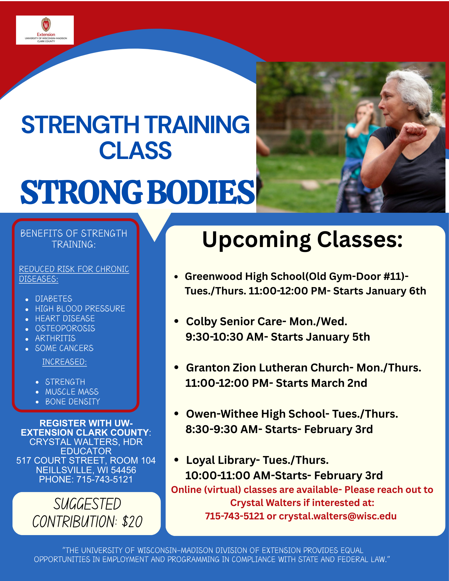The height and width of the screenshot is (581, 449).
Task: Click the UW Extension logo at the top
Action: [x=45, y=30]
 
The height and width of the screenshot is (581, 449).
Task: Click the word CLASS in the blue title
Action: [x=135, y=150]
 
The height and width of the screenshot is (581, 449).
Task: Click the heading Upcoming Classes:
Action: [x=303, y=240]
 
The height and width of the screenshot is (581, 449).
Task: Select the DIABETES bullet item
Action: [x=54, y=299]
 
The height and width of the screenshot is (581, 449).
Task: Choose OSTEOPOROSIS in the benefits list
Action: [x=65, y=328]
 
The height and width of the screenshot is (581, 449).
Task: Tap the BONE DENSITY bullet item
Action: [x=73, y=402]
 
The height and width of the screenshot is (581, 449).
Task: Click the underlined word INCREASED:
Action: [x=65, y=362]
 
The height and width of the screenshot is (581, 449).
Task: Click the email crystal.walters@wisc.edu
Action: [x=338, y=516]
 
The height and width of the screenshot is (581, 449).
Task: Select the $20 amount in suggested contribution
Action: [x=132, y=522]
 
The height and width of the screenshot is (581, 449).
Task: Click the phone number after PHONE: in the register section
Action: [x=105, y=479]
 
